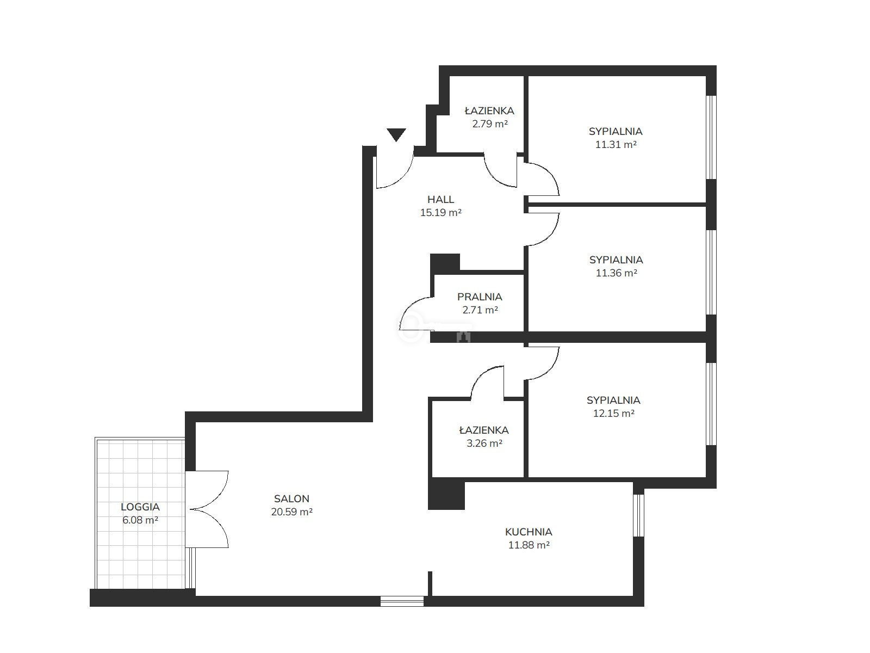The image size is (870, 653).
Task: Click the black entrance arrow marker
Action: pyautogui.click(x=396, y=134)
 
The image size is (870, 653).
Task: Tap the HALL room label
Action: pyautogui.click(x=440, y=199)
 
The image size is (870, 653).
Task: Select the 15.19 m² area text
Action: pyautogui.click(x=441, y=213)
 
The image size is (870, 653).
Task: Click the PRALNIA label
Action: pyautogui.click(x=480, y=297)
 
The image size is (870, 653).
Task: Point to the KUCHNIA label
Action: pyautogui.click(x=529, y=532)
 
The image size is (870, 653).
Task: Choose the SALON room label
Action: pyautogui.click(x=291, y=498)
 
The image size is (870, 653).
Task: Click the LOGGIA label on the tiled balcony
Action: pyautogui.click(x=140, y=507)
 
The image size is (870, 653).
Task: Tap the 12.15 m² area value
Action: pyautogui.click(x=613, y=413)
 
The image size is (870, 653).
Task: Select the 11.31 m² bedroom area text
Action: pyautogui.click(x=616, y=144)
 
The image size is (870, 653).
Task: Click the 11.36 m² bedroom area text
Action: pyautogui.click(x=616, y=273)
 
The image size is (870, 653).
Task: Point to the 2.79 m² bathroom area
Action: pyautogui.click(x=490, y=124)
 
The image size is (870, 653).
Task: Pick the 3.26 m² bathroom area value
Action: pyautogui.click(x=484, y=443)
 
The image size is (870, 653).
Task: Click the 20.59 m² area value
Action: pyautogui.click(x=291, y=512)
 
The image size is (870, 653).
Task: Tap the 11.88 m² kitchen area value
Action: pyautogui.click(x=529, y=545)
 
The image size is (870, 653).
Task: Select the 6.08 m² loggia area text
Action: pyautogui.click(x=140, y=520)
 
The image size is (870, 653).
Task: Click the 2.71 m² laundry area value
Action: pyautogui.click(x=480, y=310)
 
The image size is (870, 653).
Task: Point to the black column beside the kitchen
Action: pyautogui.click(x=446, y=494)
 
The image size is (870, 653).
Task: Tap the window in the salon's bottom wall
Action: pyautogui.click(x=402, y=601)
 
